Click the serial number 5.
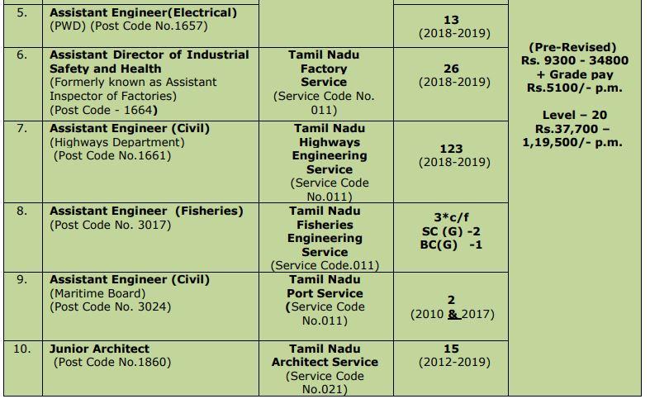pos(21,13)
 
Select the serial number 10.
pos(21,349)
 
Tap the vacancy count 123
pos(451,149)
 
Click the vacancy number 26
pos(451,69)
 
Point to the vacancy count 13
pos(451,20)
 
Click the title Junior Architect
pos(99,349)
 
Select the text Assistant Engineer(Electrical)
pos(143,12)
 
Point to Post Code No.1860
pos(112,362)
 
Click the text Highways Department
pos(119,142)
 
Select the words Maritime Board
pos(97,293)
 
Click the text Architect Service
pos(325,362)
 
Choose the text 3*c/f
pos(451,218)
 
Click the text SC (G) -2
pos(451,231)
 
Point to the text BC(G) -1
pos(451,245)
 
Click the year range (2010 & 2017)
pos(452,314)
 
